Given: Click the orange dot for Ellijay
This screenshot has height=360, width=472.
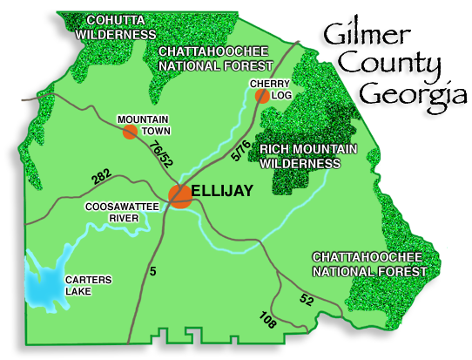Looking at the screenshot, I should [180, 195].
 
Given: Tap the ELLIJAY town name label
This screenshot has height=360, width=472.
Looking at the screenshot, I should [222, 190].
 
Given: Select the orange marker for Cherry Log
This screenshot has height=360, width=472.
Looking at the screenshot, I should [262, 96].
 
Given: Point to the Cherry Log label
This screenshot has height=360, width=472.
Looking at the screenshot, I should [270, 89].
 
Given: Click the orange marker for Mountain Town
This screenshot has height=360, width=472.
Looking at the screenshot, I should [130, 132].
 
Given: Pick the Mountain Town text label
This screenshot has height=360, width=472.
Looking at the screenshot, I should [144, 125].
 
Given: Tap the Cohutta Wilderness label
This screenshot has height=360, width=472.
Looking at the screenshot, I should [116, 27].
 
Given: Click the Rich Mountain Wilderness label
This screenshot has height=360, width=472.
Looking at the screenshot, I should [308, 156].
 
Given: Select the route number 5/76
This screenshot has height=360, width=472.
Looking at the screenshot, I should [241, 150].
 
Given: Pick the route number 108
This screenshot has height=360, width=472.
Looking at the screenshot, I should [267, 320].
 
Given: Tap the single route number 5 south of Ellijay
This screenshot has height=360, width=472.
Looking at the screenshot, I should [152, 271].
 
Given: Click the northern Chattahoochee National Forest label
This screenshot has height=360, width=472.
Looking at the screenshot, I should [215, 58].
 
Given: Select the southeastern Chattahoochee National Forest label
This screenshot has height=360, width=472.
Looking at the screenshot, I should [368, 264].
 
